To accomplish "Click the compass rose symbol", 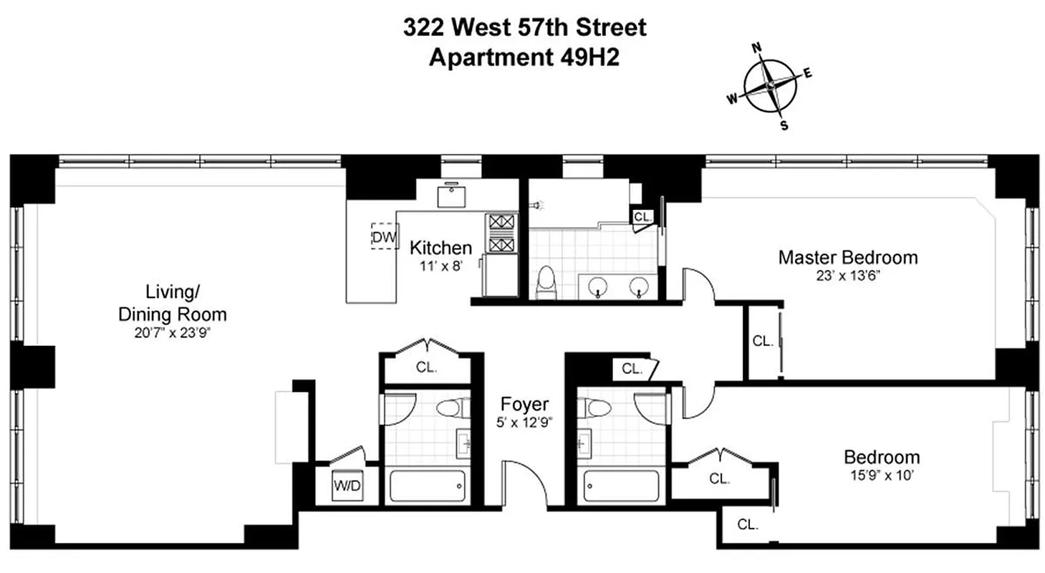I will point(770,87).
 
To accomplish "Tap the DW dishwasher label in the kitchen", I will point(384,236).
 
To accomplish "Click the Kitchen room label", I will point(440,249).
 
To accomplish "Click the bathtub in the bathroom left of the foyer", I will point(428,486).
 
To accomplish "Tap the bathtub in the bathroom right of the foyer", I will point(620,486).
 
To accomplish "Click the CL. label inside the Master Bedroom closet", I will point(763,342).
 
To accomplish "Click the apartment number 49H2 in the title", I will point(587,57).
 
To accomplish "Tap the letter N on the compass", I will point(755,48).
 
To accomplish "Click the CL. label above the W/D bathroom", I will point(427,368).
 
